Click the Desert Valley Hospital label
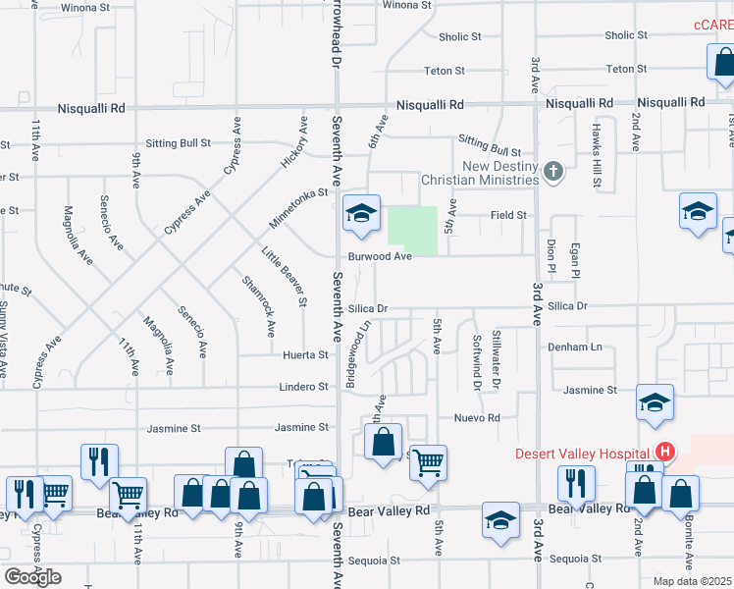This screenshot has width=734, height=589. point(585,454)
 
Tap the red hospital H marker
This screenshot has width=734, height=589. point(665,453)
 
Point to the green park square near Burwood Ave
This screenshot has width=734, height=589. point(412,227)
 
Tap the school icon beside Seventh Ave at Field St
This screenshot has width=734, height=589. point(361,215)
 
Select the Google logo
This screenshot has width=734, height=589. point(32,576)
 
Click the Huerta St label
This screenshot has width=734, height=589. point(306,355)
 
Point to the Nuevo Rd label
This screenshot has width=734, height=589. point(477,417)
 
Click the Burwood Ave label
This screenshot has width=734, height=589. point(379,256)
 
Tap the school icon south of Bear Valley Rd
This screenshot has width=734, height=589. point(500,521)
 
